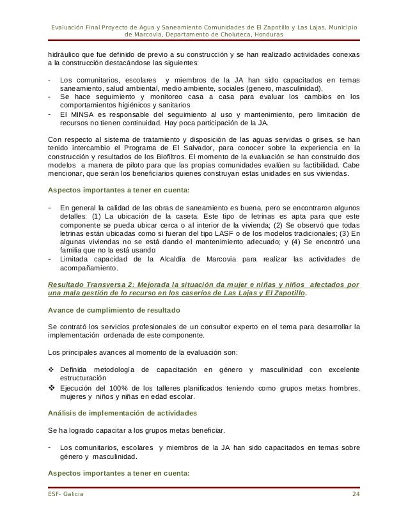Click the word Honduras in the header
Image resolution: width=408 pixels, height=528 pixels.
[x=268, y=34]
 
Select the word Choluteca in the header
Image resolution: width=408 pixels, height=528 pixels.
[x=228, y=34]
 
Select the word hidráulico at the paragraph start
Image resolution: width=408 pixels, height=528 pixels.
[x=67, y=56]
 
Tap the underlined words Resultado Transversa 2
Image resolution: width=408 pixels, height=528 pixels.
[x=90, y=284]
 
